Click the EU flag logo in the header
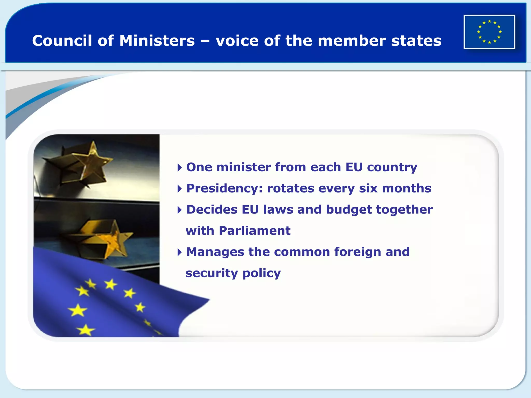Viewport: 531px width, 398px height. tap(489, 32)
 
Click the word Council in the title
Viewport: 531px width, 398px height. tap(62, 41)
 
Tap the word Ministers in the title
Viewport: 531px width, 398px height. tap(157, 41)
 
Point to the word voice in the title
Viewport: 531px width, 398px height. tap(237, 41)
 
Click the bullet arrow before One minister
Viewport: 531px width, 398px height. tap(179, 168)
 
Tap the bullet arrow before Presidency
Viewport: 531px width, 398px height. tap(179, 189)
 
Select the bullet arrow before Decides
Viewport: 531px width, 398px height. tap(179, 210)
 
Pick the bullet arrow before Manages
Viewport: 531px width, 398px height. tap(179, 252)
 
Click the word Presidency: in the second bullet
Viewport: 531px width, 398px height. tap(225, 189)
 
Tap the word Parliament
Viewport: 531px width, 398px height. tap(255, 231)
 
